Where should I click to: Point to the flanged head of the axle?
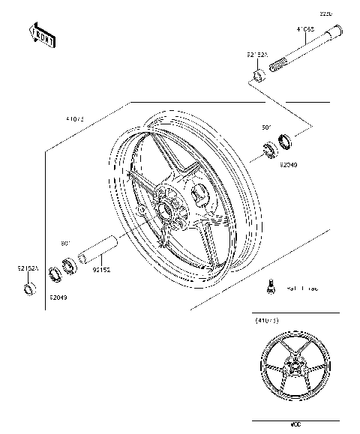coord(338,32)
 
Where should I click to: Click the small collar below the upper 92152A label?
coord(256,75)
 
